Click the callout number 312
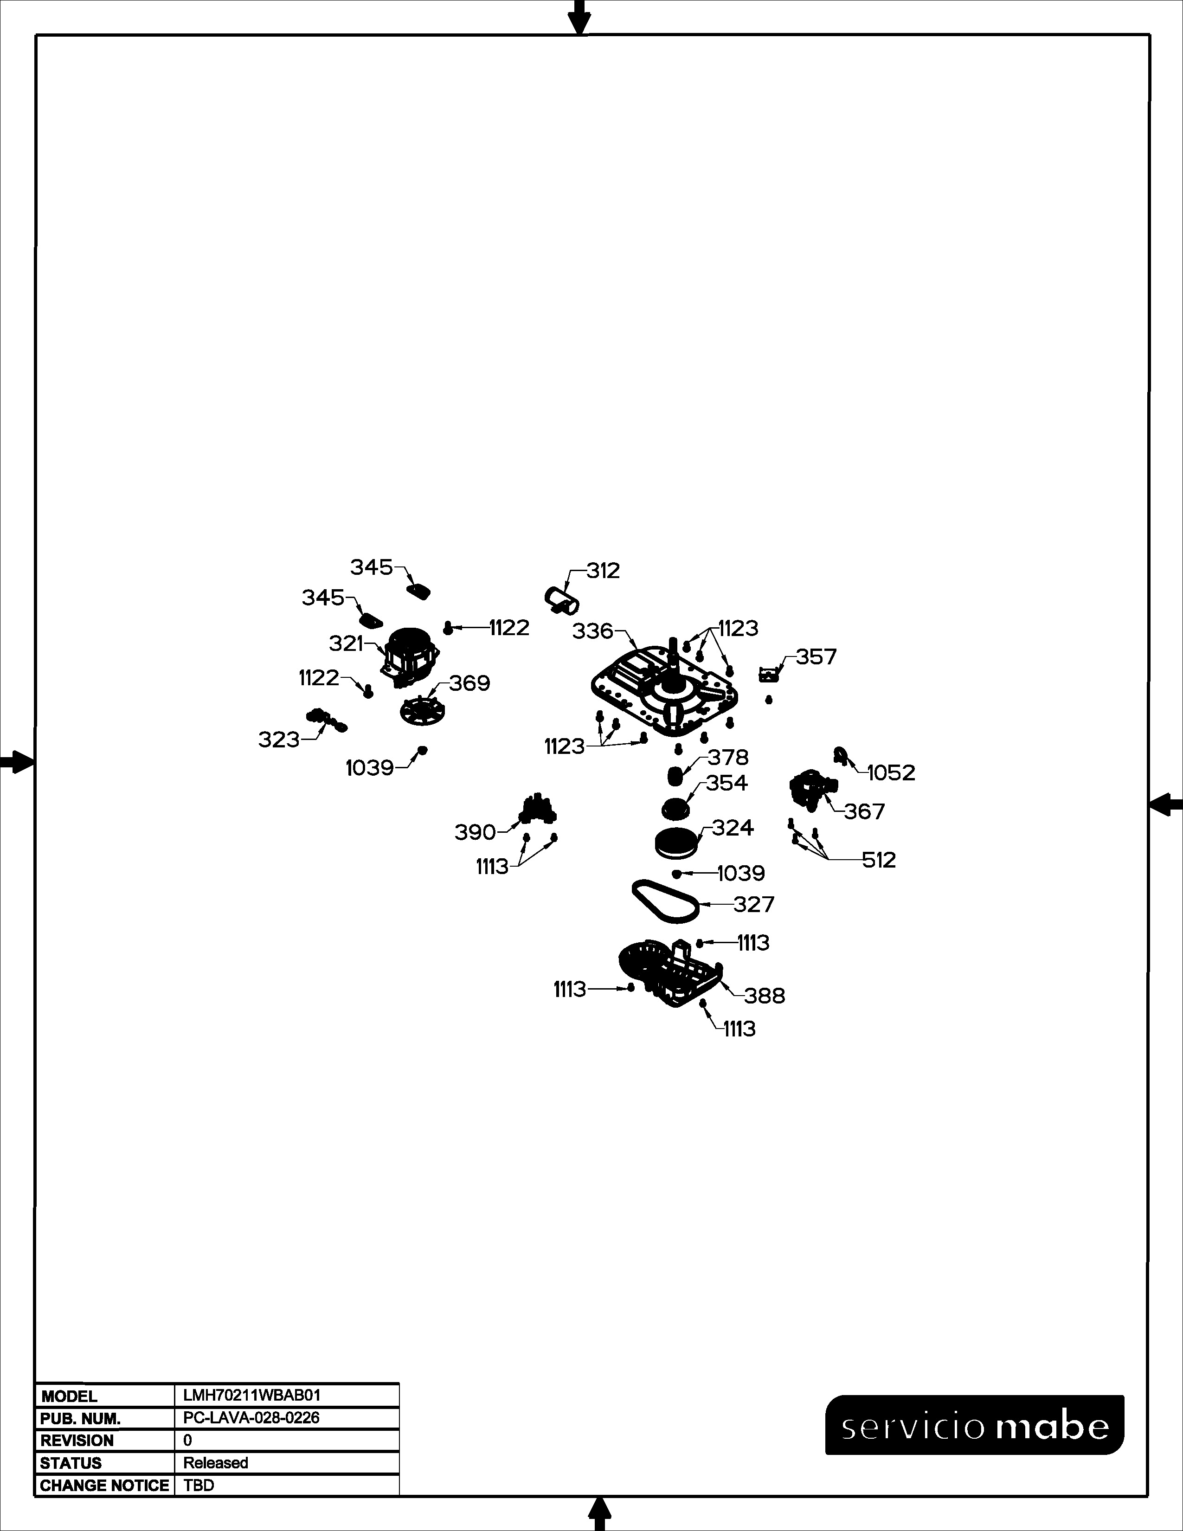tap(604, 571)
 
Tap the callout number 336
tap(593, 631)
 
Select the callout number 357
tap(817, 657)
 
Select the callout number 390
tap(475, 832)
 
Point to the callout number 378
tap(728, 757)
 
